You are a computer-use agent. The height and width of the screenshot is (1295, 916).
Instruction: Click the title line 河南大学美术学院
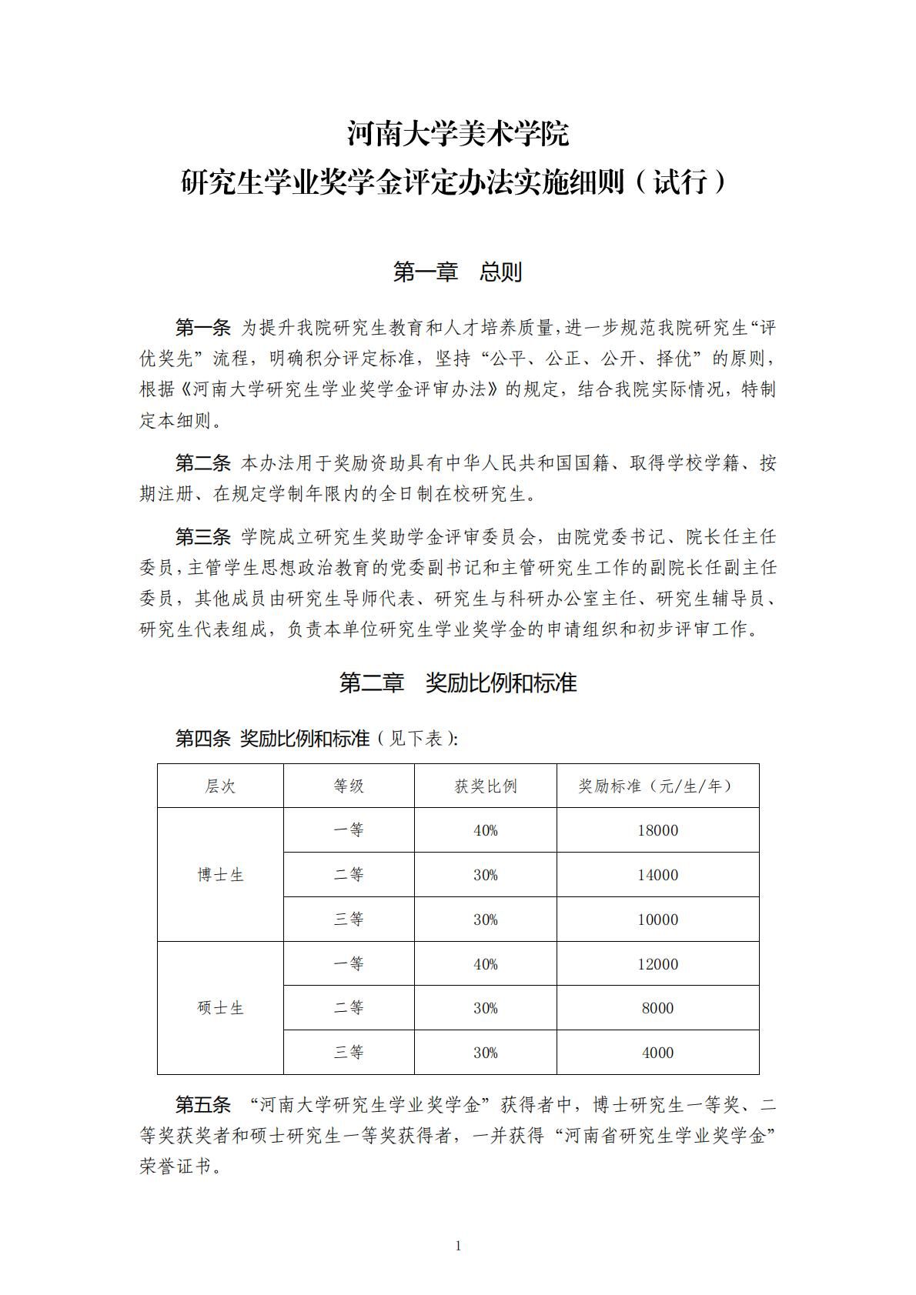(x=457, y=134)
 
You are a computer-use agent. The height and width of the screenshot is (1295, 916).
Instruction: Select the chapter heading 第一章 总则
(x=457, y=272)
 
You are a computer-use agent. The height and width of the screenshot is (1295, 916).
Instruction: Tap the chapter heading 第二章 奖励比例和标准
(x=457, y=683)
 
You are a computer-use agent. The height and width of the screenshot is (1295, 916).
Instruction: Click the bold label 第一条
(x=202, y=328)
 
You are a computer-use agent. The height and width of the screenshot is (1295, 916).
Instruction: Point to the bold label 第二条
(x=202, y=462)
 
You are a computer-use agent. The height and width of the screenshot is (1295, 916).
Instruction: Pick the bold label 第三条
(x=202, y=536)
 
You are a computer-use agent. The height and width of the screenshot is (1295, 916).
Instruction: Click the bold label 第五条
(x=202, y=1105)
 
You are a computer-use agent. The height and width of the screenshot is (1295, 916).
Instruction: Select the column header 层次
(x=220, y=786)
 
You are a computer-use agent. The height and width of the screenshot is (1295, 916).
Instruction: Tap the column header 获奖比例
(x=485, y=786)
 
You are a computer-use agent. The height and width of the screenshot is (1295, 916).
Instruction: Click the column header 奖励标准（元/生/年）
(x=657, y=786)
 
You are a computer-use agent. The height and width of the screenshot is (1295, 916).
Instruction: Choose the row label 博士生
(x=220, y=875)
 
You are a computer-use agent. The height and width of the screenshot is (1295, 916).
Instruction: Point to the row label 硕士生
(x=220, y=1008)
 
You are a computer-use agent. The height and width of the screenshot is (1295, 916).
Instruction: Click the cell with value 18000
(x=657, y=830)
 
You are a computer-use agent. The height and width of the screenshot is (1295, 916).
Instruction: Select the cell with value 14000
(x=657, y=875)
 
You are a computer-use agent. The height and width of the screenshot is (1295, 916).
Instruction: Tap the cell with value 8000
(x=657, y=1008)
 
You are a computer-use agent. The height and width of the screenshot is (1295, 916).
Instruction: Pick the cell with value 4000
(x=657, y=1053)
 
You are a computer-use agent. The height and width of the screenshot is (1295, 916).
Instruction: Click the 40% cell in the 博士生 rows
(x=485, y=830)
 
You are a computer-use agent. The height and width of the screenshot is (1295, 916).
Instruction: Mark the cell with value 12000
(x=657, y=964)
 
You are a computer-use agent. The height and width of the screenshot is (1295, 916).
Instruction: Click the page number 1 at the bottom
(x=458, y=1246)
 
